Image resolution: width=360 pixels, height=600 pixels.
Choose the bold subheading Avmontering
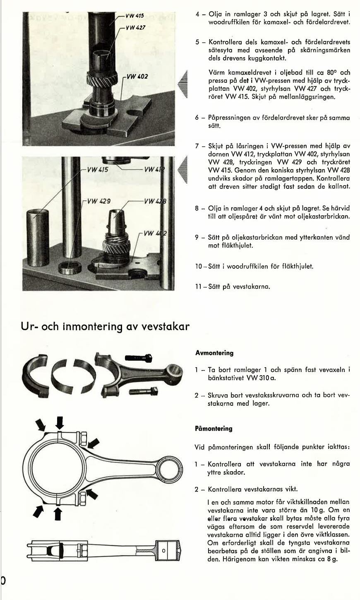pos(214,353)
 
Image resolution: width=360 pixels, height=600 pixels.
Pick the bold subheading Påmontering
pos(214,429)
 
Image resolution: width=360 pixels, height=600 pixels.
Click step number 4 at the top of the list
pos(198,14)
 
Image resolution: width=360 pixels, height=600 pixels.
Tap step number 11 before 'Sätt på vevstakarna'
pos(199,286)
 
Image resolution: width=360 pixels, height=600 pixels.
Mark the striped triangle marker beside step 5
pos(182,85)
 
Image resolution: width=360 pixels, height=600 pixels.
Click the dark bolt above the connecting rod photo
pos(138,358)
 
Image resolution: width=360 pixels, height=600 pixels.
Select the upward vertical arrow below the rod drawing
pos(58,514)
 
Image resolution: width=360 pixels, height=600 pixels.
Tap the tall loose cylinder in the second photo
pos(38,238)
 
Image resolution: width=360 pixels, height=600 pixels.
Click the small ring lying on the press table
pos(70,267)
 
